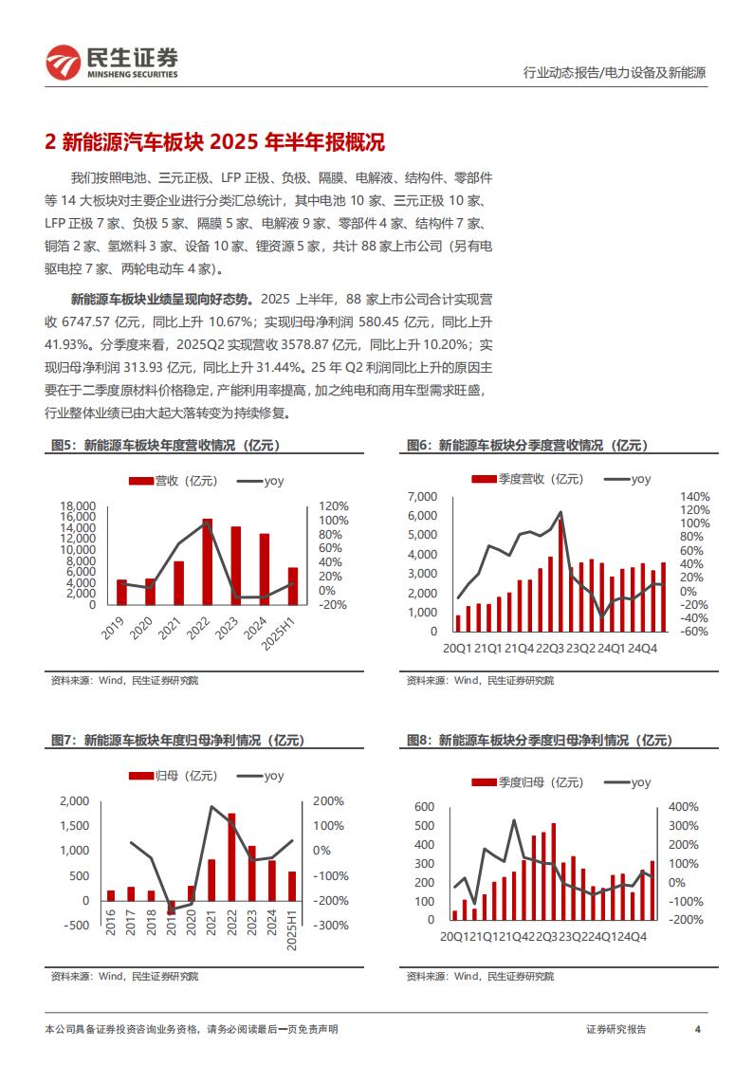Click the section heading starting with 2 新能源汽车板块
coord(214,143)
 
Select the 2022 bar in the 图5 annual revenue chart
coord(207,561)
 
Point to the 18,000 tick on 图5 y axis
coord(78,506)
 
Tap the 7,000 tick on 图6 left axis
coord(422,497)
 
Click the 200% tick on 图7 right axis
coord(329,801)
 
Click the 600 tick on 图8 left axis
coord(423,807)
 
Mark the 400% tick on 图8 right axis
coord(685,807)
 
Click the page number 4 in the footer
coord(697,1029)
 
